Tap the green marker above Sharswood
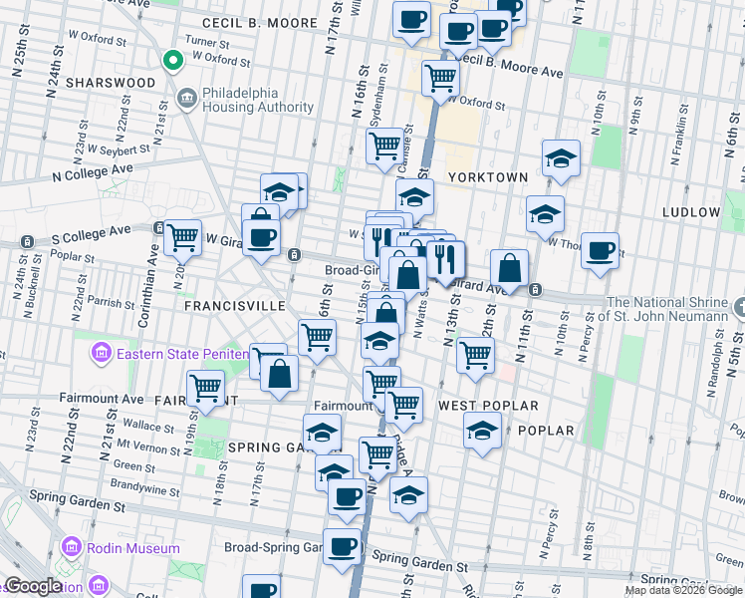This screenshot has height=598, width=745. [172, 61]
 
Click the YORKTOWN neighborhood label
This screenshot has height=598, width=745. [488, 176]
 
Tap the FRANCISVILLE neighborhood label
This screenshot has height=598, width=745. [234, 306]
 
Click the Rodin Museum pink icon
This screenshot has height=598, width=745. [71, 548]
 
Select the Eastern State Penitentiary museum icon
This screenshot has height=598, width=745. [100, 352]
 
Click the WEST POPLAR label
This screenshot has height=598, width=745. [488, 406]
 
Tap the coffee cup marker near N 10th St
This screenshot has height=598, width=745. [600, 250]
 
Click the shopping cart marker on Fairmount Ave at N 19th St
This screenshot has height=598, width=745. [205, 386]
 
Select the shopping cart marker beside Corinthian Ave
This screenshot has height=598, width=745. [182, 237]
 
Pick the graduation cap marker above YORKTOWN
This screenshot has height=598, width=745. [561, 157]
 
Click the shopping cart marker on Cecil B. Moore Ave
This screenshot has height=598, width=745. [439, 77]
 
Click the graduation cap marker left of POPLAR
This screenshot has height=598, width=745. [482, 431]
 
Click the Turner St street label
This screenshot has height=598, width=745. [207, 42]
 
